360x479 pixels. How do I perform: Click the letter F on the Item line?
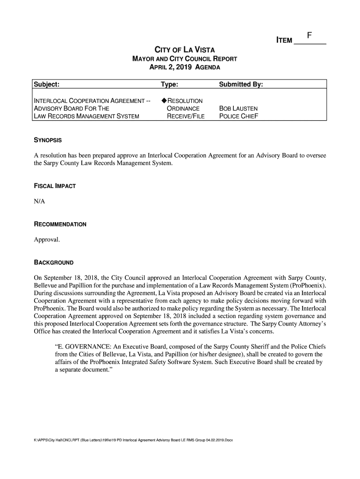tap(310, 35)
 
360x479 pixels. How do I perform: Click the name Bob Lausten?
tap(238, 109)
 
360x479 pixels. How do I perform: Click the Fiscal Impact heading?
tap(55, 186)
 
